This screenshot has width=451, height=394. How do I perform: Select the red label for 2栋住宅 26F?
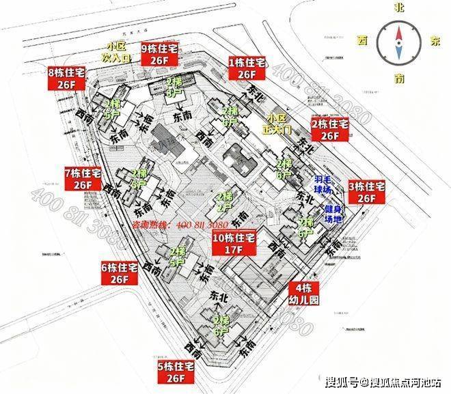pyautogui.click(x=330, y=130)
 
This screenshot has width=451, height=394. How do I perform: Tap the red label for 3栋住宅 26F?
pyautogui.click(x=368, y=192)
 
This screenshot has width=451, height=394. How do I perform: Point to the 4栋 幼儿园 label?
pyautogui.click(x=305, y=294)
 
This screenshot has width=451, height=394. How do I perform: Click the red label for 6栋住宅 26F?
pyautogui.click(x=120, y=272)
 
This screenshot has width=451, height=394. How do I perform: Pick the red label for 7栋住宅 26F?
pyautogui.click(x=83, y=178)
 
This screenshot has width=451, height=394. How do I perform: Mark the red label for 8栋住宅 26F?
pyautogui.click(x=66, y=78)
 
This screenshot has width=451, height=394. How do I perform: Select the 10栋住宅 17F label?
pyautogui.click(x=229, y=244)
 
